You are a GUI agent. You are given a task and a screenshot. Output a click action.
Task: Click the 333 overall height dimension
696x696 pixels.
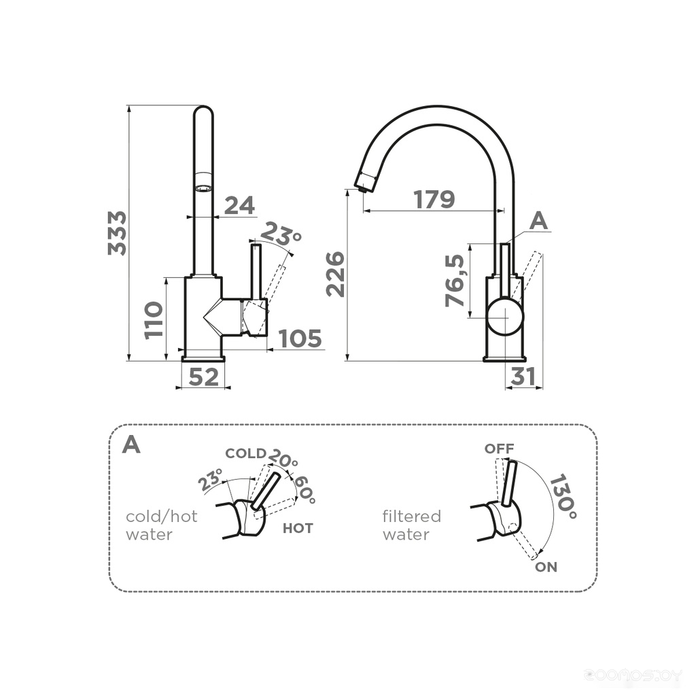tap(117, 233)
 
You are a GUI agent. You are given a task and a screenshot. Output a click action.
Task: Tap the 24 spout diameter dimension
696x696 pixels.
tap(239, 205)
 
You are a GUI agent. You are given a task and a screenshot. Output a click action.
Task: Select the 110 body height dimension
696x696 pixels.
tap(154, 320)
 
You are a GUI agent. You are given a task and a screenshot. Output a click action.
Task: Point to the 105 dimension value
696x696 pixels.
tap(300, 338)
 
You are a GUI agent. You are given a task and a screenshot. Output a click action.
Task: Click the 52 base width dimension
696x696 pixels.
tap(204, 377)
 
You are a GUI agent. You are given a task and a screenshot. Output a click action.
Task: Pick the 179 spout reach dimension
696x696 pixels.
tap(434, 199)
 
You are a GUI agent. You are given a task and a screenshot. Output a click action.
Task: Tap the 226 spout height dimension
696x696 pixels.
tap(335, 274)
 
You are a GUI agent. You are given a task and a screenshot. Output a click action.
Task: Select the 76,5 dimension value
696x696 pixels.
tap(455, 281)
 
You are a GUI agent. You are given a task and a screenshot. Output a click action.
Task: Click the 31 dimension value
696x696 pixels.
tap(523, 377)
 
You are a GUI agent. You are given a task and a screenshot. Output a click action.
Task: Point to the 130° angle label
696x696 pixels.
tap(563, 497)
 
